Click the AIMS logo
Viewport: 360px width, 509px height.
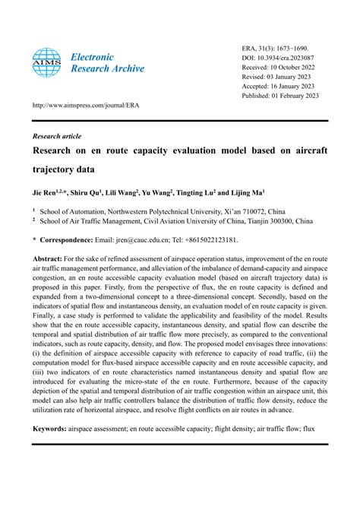pyautogui.click(x=46, y=64)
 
